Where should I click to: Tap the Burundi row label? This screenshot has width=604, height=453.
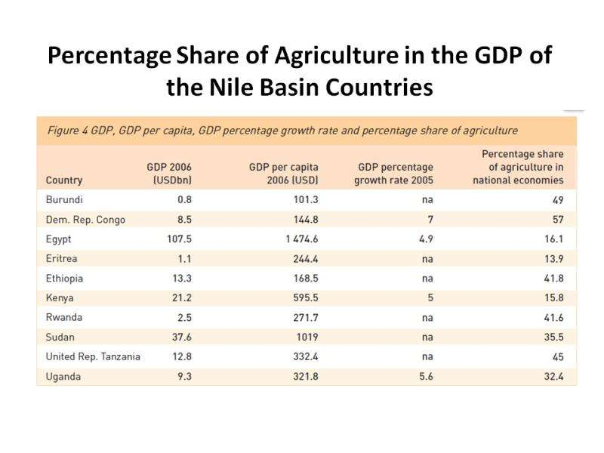(64, 200)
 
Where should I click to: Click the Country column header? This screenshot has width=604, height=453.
(64, 180)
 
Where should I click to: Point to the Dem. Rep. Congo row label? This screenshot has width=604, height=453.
(85, 220)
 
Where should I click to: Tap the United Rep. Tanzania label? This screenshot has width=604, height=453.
(93, 356)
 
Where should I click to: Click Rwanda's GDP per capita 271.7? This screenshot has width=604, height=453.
(303, 317)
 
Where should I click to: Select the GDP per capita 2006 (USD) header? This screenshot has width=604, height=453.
(283, 173)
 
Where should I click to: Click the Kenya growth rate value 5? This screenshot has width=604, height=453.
(429, 297)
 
